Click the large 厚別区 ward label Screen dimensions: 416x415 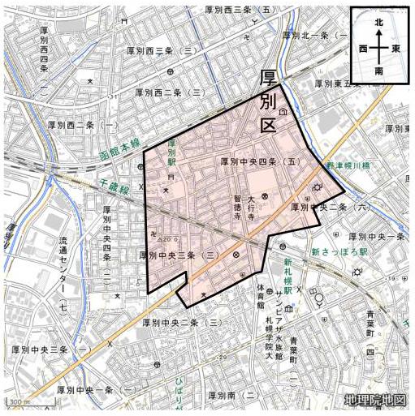click(x=269, y=102)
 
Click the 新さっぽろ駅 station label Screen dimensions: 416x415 click(x=339, y=252)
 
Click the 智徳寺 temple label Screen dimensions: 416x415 click(x=238, y=208)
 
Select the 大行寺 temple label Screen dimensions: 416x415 click(x=252, y=208)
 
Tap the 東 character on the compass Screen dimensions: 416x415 click(x=395, y=49)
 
